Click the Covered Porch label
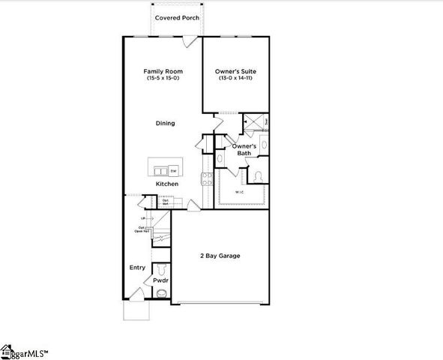177,17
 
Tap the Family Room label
163,72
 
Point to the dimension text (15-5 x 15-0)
163,79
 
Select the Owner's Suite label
236,72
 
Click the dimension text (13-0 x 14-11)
236,79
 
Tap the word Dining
165,124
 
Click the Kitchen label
166,184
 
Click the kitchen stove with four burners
207,178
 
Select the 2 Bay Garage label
220,256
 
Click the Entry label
137,267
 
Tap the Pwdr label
160,280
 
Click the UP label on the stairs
142,218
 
